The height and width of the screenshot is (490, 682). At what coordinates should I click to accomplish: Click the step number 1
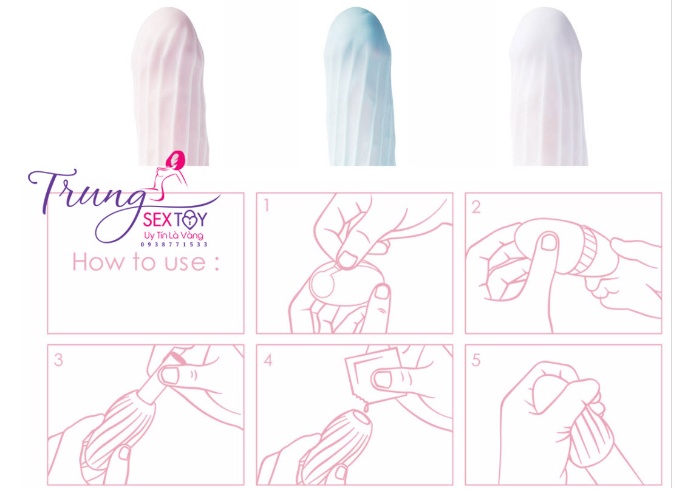tap(266, 206)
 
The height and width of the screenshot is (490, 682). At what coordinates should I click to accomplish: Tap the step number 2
tap(476, 206)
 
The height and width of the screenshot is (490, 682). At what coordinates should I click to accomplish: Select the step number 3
tap(58, 359)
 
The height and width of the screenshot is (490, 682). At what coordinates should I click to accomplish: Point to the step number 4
tap(267, 360)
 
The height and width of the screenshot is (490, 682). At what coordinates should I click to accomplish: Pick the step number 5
tap(476, 360)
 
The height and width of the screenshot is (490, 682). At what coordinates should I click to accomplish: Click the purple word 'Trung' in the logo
tap(85, 191)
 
